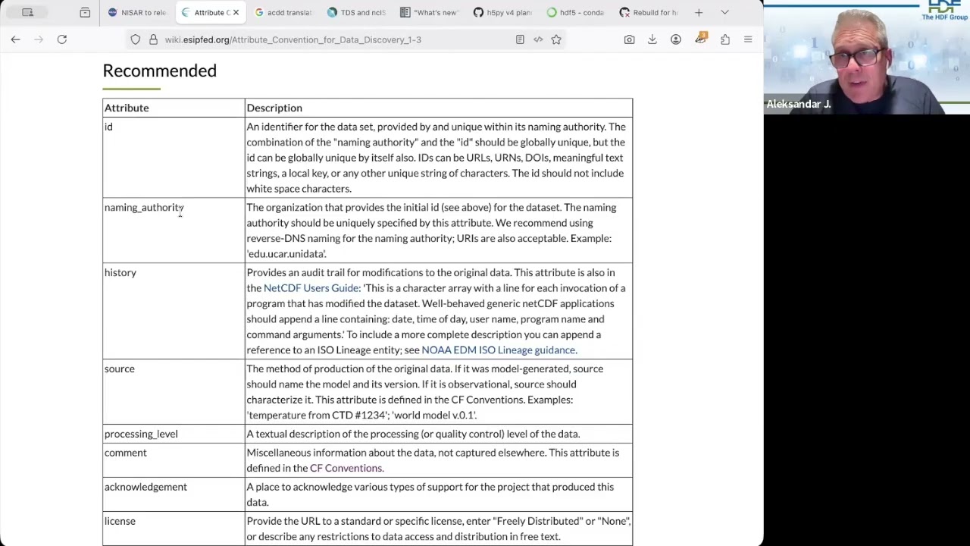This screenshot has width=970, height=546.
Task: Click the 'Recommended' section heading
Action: click(159, 71)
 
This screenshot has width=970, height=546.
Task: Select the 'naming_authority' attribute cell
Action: click(144, 207)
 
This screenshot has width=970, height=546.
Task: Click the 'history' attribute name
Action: click(120, 272)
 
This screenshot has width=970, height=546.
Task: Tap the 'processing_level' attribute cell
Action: click(141, 434)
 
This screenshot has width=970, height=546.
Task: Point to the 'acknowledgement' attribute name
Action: click(145, 487)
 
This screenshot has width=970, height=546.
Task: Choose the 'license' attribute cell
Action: click(120, 521)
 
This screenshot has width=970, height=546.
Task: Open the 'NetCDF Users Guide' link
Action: click(311, 288)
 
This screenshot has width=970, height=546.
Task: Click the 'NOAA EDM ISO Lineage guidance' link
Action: click(498, 350)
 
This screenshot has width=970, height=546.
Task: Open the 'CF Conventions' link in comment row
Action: click(346, 468)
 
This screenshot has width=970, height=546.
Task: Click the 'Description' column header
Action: click(274, 108)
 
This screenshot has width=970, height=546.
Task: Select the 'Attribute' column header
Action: click(127, 108)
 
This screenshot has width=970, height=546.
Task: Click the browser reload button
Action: click(62, 39)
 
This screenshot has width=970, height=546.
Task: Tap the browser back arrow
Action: click(15, 39)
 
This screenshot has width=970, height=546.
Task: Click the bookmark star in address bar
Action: click(556, 39)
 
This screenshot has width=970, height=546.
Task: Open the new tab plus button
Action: click(699, 12)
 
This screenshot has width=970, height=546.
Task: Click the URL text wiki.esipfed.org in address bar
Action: click(293, 39)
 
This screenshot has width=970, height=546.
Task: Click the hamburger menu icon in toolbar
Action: click(748, 39)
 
